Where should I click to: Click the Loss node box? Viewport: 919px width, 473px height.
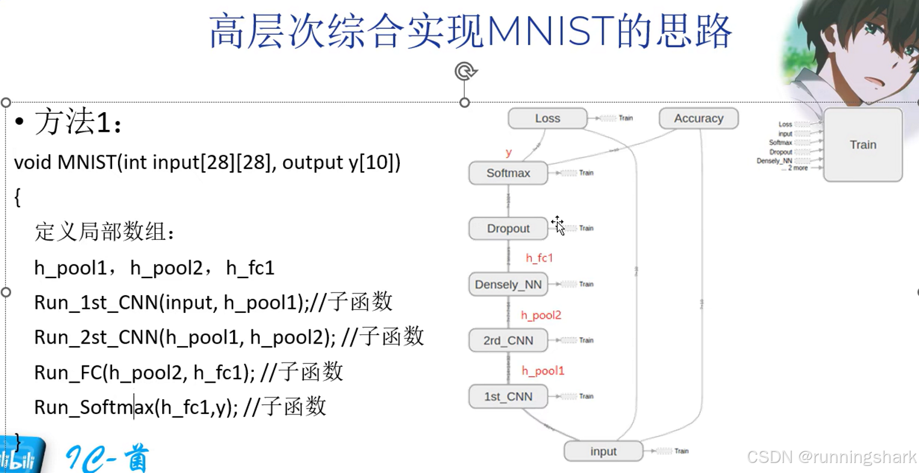coord(547,118)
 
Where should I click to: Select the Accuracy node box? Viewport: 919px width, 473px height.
coord(698,118)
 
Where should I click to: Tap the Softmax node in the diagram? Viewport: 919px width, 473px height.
coord(508,173)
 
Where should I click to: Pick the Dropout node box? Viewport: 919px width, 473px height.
coord(508,229)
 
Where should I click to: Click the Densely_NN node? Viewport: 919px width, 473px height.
coord(508,285)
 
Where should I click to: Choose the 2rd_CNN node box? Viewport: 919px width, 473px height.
coord(508,341)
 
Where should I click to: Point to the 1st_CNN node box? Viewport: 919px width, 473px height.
coord(508,397)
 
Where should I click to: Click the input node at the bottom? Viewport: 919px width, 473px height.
coord(603,452)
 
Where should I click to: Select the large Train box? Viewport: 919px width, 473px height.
coord(862,145)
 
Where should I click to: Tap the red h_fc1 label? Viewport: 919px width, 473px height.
coord(539,258)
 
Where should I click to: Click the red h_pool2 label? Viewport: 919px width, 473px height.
coord(541,315)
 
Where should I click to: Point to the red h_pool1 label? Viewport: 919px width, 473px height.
coord(543,371)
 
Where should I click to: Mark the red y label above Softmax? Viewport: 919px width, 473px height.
coord(508,153)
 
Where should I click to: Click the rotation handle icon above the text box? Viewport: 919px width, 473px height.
coord(465,71)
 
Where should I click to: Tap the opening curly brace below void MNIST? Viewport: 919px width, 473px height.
coord(18,197)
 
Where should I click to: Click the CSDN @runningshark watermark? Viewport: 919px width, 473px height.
coord(831,456)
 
